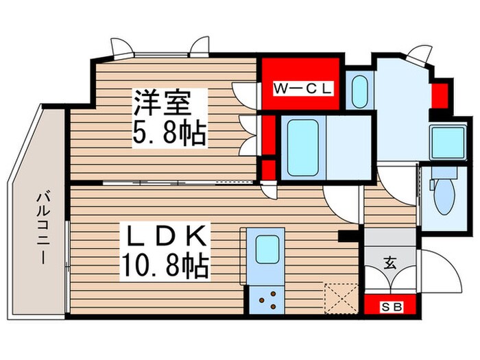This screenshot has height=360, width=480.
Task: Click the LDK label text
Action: tap(163, 237)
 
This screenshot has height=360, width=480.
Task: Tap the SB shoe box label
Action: tap(387, 306)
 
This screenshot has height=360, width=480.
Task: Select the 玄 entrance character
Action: tap(389, 261)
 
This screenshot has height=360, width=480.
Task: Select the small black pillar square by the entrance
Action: tap(348, 237)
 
